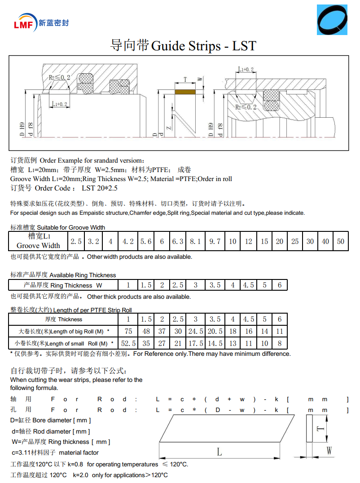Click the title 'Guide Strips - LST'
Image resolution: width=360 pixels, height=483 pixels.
click(204, 46)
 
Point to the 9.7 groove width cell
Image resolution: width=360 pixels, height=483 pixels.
click(215, 241)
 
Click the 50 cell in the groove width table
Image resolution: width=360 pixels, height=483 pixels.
click(341, 241)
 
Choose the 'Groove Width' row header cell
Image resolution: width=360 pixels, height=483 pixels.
click(38, 241)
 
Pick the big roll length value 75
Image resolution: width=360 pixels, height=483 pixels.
click(128, 331)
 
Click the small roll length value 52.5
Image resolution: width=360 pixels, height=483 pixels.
click(128, 343)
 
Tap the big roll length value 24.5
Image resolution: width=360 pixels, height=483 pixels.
click(195, 331)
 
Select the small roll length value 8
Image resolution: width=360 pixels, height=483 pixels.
click(279, 343)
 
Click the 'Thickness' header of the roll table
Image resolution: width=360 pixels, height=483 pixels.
click(64, 319)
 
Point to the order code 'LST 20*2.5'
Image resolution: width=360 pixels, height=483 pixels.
click(99, 188)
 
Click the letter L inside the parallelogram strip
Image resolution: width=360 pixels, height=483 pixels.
click(219, 452)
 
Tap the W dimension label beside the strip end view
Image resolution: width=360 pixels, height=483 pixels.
click(329, 450)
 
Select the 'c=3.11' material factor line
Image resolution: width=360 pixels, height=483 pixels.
click(55, 452)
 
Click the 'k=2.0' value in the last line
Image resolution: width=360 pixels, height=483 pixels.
click(81, 475)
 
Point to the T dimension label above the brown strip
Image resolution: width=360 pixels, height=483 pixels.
click(185, 80)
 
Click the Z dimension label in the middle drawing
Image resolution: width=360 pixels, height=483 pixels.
click(169, 128)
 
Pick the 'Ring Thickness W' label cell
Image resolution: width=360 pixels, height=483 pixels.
click(63, 285)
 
